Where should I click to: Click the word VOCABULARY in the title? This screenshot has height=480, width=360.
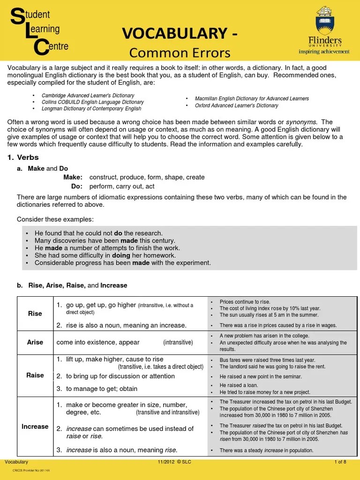(170, 33)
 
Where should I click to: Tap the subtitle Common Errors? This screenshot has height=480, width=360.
(180, 52)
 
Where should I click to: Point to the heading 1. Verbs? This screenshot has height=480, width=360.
(23, 157)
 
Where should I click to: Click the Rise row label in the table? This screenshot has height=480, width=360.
(35, 314)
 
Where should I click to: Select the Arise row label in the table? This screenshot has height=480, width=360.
(35, 342)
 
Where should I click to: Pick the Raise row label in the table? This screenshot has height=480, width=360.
(35, 375)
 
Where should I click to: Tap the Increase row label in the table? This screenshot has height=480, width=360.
(35, 427)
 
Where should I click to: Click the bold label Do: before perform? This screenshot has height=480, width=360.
(77, 186)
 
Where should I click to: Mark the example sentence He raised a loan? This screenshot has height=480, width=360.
(239, 385)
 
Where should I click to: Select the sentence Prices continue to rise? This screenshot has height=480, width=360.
(245, 301)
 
